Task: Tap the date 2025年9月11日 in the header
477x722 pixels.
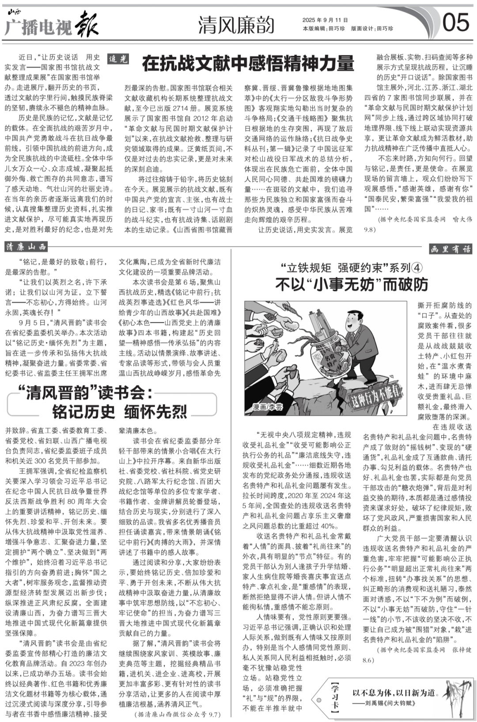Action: point(326,20)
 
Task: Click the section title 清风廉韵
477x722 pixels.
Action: point(236,25)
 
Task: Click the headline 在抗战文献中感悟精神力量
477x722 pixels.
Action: point(248,64)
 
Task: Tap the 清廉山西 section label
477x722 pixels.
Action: point(26,247)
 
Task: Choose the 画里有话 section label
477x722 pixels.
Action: point(450,249)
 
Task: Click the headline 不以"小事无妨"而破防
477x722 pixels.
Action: point(352,284)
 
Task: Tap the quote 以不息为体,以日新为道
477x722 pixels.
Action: point(394,693)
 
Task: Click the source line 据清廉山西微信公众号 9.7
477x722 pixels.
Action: point(177,714)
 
